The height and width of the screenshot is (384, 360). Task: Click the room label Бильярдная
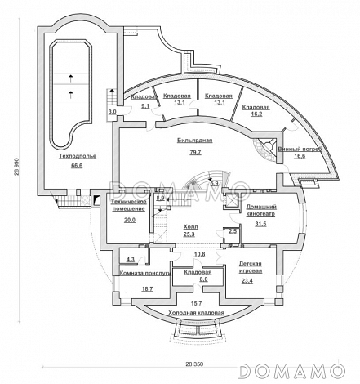point(195,141)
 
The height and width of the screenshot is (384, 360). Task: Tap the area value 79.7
point(195,152)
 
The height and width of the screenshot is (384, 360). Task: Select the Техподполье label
point(78,156)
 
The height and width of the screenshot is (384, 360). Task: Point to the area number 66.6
point(77,166)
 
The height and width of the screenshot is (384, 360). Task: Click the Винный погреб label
point(300,150)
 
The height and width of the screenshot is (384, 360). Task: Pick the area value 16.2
point(256,114)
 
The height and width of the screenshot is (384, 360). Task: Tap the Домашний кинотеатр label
point(261,210)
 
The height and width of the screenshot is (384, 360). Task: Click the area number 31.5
point(260,224)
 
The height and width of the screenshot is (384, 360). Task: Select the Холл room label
point(191,226)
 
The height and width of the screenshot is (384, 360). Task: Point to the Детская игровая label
point(251,267)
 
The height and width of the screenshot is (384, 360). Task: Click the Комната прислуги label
point(145,273)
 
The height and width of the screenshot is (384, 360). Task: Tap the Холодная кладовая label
point(196,313)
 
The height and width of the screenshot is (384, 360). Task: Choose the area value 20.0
point(130,220)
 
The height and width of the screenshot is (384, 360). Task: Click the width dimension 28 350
point(194,364)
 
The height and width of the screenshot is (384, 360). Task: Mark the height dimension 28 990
point(17,166)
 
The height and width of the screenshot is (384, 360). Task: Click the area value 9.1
point(145,106)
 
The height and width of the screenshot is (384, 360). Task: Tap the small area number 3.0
point(113,112)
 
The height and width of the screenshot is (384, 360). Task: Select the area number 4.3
point(131,259)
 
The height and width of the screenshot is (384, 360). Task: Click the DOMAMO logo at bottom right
point(291,371)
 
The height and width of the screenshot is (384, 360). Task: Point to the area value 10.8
point(199,254)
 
